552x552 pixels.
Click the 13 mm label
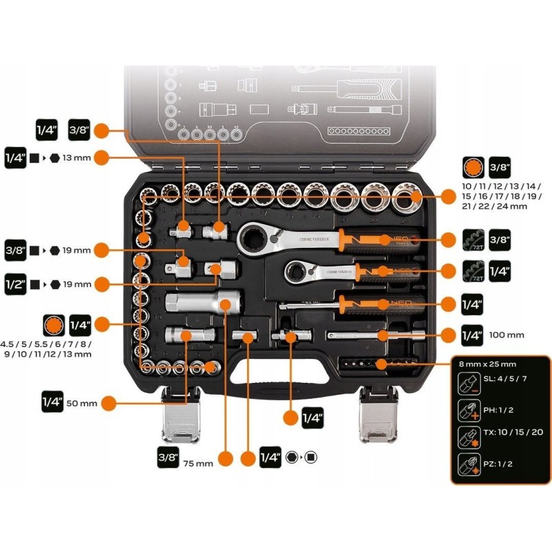coord(77,158)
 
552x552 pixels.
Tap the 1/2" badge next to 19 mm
coord(14,284)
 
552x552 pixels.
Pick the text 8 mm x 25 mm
coord(487,364)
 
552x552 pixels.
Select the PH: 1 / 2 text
coord(497,410)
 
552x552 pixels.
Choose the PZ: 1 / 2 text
coord(497,464)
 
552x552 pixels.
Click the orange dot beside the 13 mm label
coord(101,157)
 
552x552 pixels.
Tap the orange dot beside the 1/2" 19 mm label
coord(101,284)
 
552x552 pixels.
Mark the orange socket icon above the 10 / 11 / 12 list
coord(472,168)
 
